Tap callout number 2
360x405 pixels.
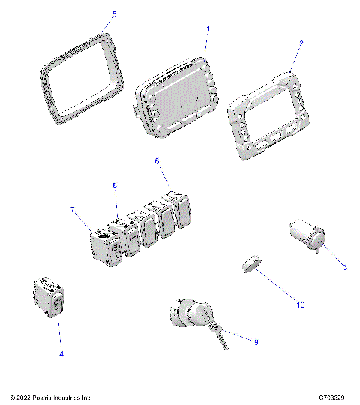click(x=301, y=43)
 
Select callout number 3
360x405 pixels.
click(x=344, y=267)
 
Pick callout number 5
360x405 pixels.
click(x=114, y=14)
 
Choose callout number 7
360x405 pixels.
click(x=73, y=211)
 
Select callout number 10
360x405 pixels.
click(x=300, y=304)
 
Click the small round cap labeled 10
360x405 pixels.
click(x=250, y=265)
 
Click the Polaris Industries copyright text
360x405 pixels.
click(x=51, y=396)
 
